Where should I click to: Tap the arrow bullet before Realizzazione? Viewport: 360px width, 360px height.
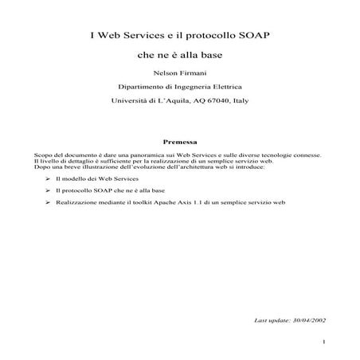(49, 204)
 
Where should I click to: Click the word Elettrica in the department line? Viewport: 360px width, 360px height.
(226, 85)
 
